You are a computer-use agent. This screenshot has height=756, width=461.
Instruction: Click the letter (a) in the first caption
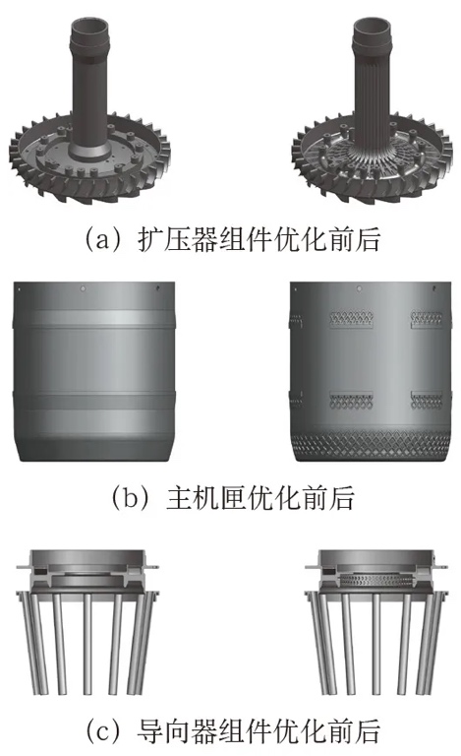(x=104, y=239)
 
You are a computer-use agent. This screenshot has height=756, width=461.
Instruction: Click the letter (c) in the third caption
(x=104, y=731)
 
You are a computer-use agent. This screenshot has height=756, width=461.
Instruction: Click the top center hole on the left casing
(x=83, y=288)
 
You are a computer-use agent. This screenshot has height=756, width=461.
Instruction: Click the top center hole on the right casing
(x=359, y=288)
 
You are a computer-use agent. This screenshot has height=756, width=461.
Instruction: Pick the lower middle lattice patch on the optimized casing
(x=351, y=401)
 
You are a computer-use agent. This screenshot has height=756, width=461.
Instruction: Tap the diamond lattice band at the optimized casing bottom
(x=371, y=439)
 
